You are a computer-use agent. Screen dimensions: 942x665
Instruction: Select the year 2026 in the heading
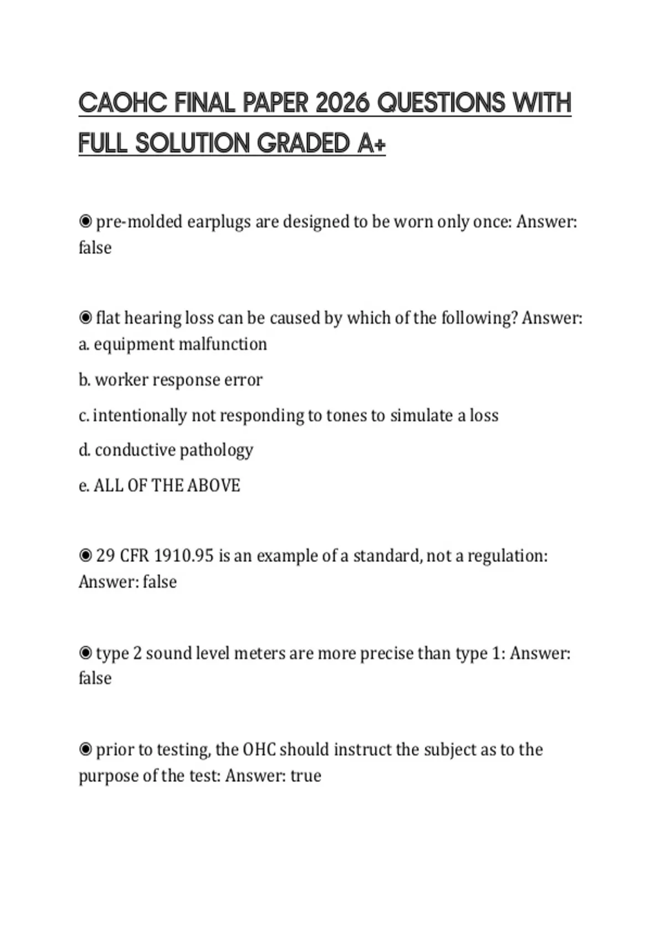click(341, 103)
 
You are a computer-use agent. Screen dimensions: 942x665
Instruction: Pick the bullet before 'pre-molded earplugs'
click(85, 222)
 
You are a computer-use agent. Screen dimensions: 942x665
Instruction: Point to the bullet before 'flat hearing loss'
click(85, 318)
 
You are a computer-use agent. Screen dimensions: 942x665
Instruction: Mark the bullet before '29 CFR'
click(85, 555)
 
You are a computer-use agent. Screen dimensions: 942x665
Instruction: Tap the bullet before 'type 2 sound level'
click(85, 653)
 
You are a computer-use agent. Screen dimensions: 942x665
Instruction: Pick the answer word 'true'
click(306, 776)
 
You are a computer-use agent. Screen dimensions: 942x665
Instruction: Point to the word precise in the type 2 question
click(386, 654)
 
